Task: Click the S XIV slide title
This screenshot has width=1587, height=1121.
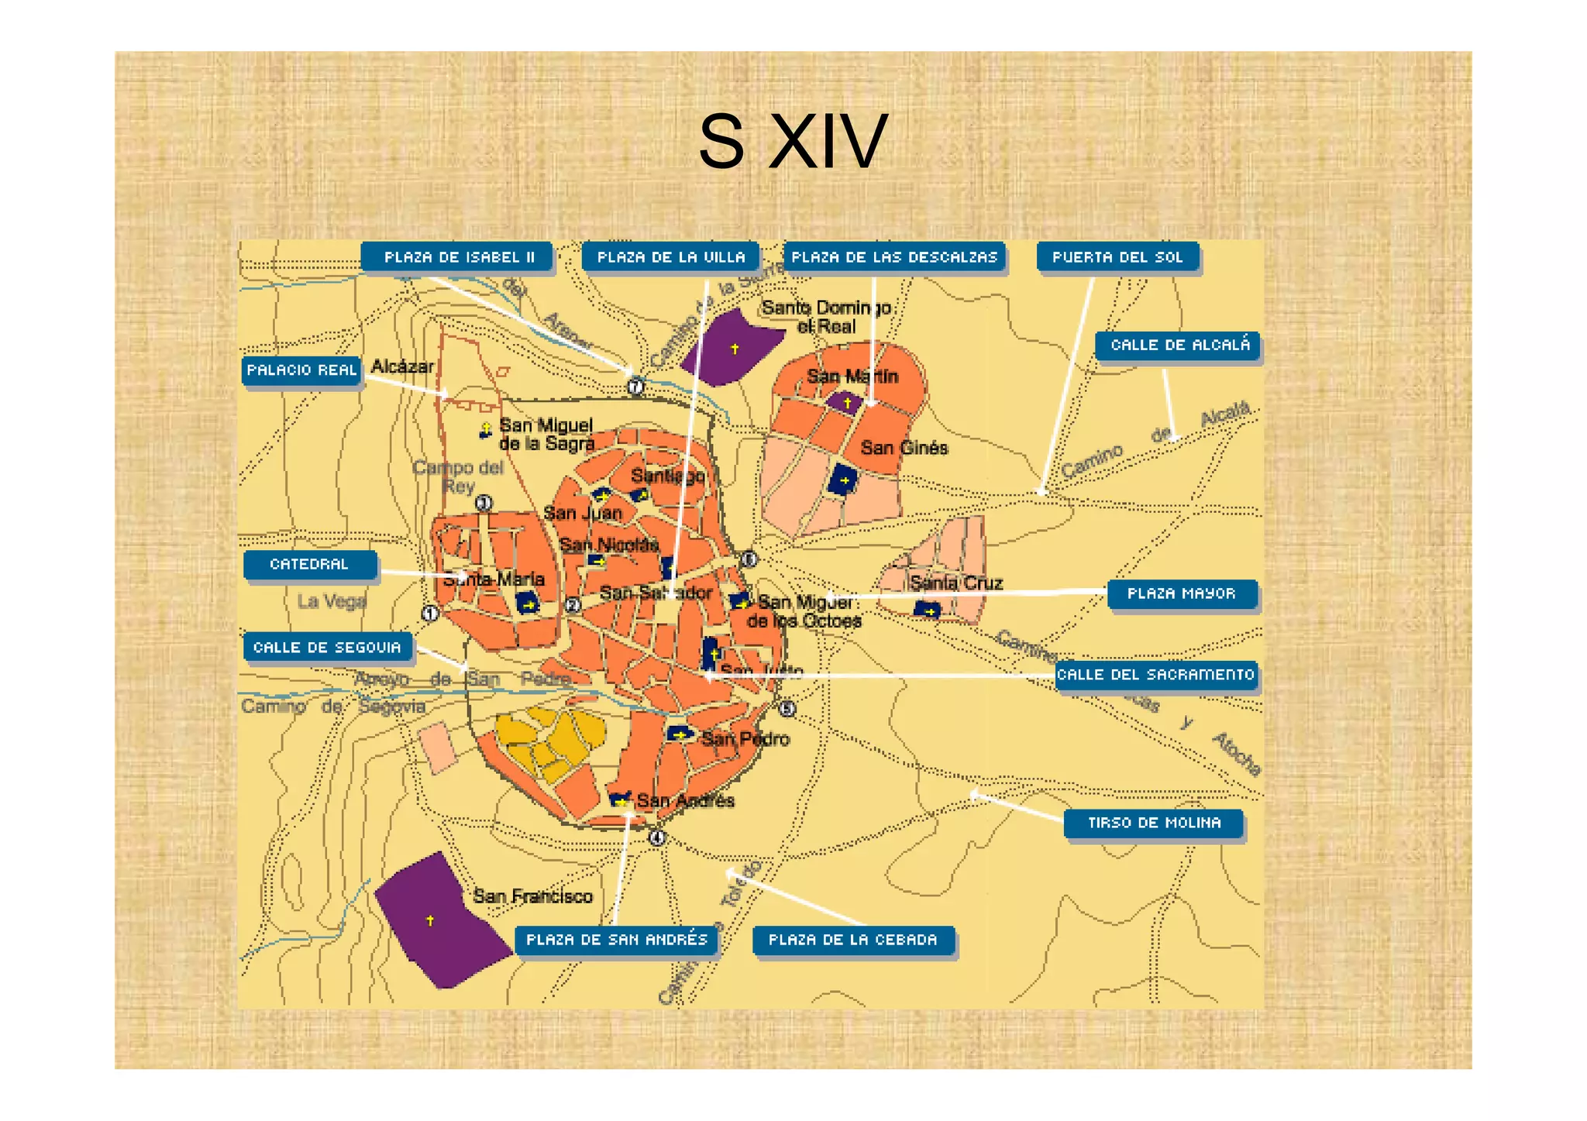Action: [x=792, y=141]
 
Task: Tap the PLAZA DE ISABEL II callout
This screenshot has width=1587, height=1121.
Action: [x=458, y=257]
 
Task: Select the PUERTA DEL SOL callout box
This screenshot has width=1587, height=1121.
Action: [x=1117, y=257]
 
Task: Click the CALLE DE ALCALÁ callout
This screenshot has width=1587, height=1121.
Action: [x=1178, y=345]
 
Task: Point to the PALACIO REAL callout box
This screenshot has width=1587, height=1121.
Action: [x=301, y=370]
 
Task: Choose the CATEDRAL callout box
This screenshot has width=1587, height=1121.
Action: [x=310, y=564]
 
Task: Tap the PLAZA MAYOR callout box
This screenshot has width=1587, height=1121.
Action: [x=1181, y=593]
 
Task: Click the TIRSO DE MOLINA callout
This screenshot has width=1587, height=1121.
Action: [x=1154, y=823]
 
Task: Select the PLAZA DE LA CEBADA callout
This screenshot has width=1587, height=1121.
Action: [x=852, y=940]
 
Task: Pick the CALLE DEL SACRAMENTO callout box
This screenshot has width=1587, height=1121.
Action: [x=1155, y=675]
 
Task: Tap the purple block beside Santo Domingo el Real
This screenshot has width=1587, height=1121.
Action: [x=731, y=348]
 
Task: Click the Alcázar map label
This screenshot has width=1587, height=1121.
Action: [x=402, y=366]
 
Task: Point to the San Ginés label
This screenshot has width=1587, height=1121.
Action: [x=904, y=448]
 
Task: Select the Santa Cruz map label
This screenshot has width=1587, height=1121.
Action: [x=956, y=583]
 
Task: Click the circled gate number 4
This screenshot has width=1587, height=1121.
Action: [x=657, y=837]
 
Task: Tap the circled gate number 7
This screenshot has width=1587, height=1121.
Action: [x=635, y=386]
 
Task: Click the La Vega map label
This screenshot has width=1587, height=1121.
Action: [x=332, y=601]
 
